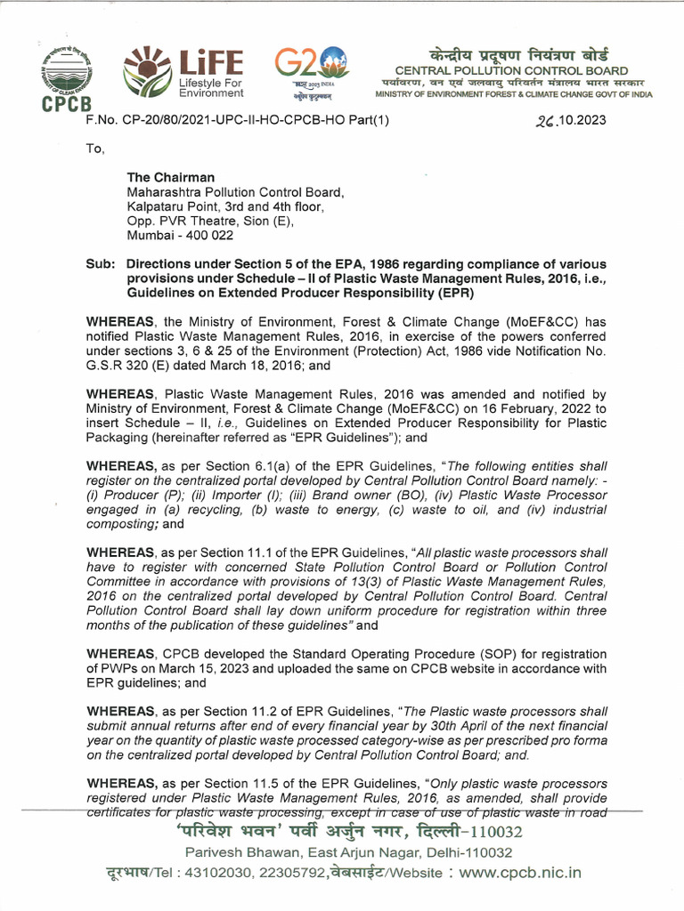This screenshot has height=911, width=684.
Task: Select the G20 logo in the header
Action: [310, 71]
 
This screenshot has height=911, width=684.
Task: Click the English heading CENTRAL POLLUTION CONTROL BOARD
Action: [511, 70]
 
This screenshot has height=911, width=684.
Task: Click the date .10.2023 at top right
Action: [571, 121]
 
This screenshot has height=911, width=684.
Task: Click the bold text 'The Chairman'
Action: [172, 177]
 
